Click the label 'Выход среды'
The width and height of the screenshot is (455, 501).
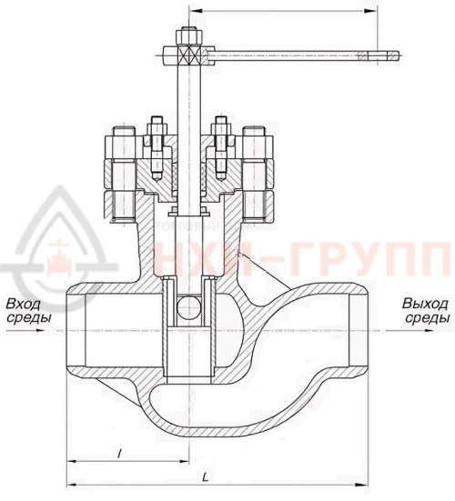[426, 310]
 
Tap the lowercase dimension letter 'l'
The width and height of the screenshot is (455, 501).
[121, 451]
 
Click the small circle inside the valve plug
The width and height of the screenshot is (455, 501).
[187, 306]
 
